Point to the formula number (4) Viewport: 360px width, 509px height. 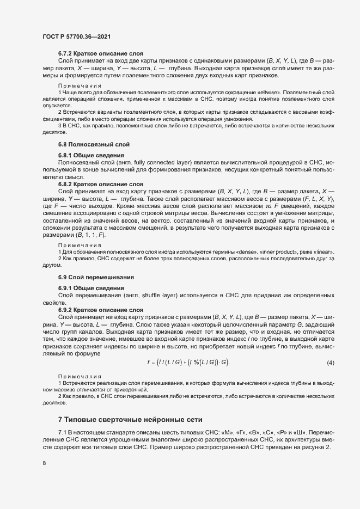click(330, 363)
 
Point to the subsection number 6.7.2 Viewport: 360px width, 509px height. click(68, 53)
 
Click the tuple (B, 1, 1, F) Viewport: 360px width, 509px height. click(89, 235)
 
